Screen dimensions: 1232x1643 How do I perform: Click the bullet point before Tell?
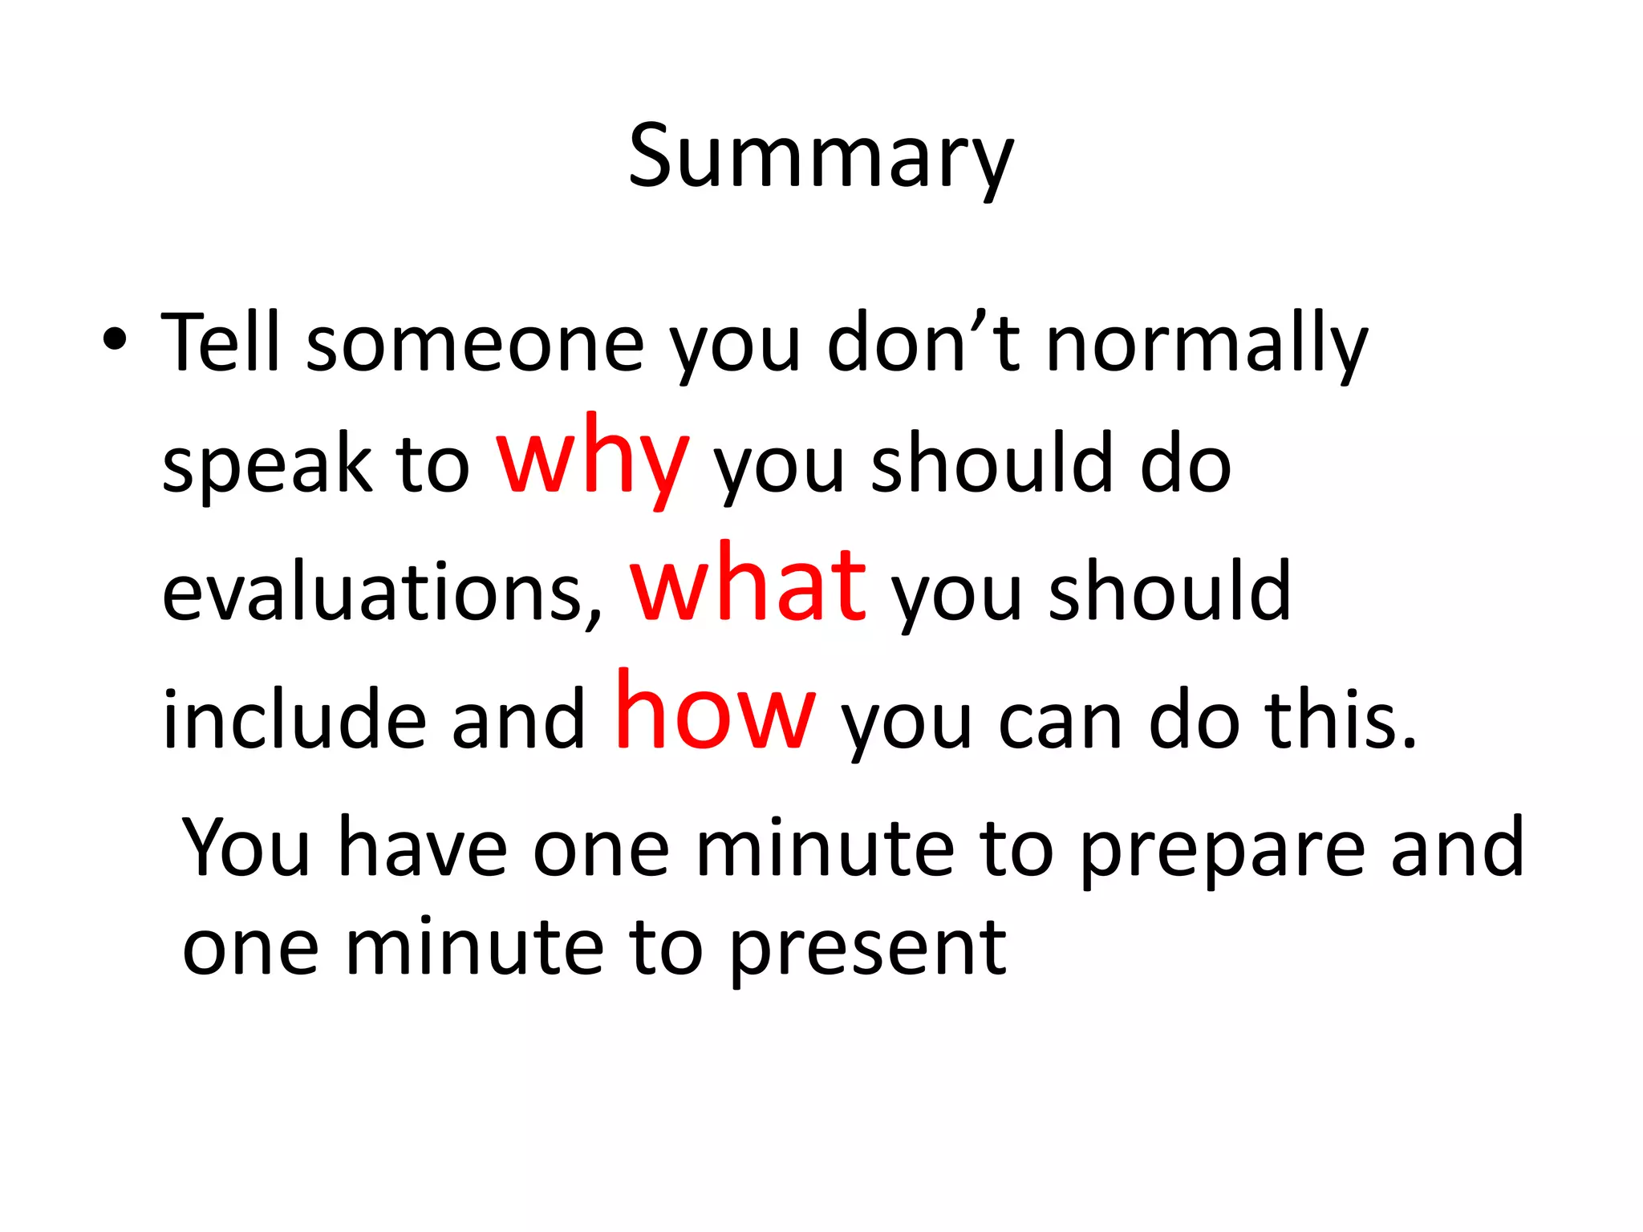coord(114,340)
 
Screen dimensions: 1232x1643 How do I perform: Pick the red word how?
coord(715,712)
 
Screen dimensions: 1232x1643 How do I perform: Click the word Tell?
coord(220,343)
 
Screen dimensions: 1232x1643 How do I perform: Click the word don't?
coord(923,343)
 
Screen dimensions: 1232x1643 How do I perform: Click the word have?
coord(423,849)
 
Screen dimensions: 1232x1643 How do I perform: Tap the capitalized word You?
coord(245,849)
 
